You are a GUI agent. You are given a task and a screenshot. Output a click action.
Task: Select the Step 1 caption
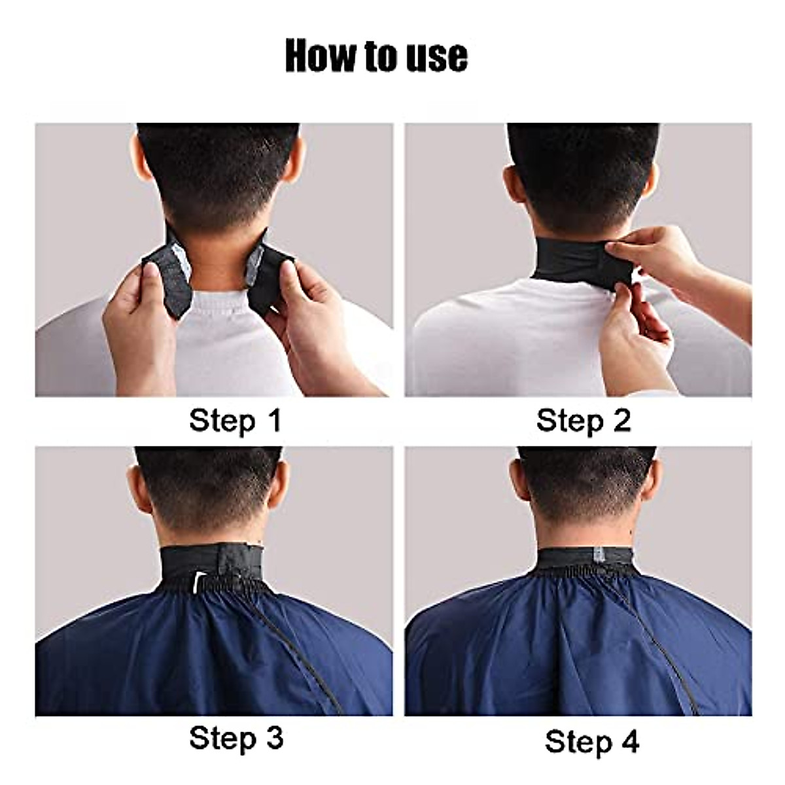(x=235, y=420)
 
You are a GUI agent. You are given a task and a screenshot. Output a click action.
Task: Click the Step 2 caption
(x=583, y=420)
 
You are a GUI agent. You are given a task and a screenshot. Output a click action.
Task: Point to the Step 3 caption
(x=236, y=739)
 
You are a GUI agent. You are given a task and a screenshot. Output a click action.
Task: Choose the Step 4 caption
(x=591, y=742)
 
